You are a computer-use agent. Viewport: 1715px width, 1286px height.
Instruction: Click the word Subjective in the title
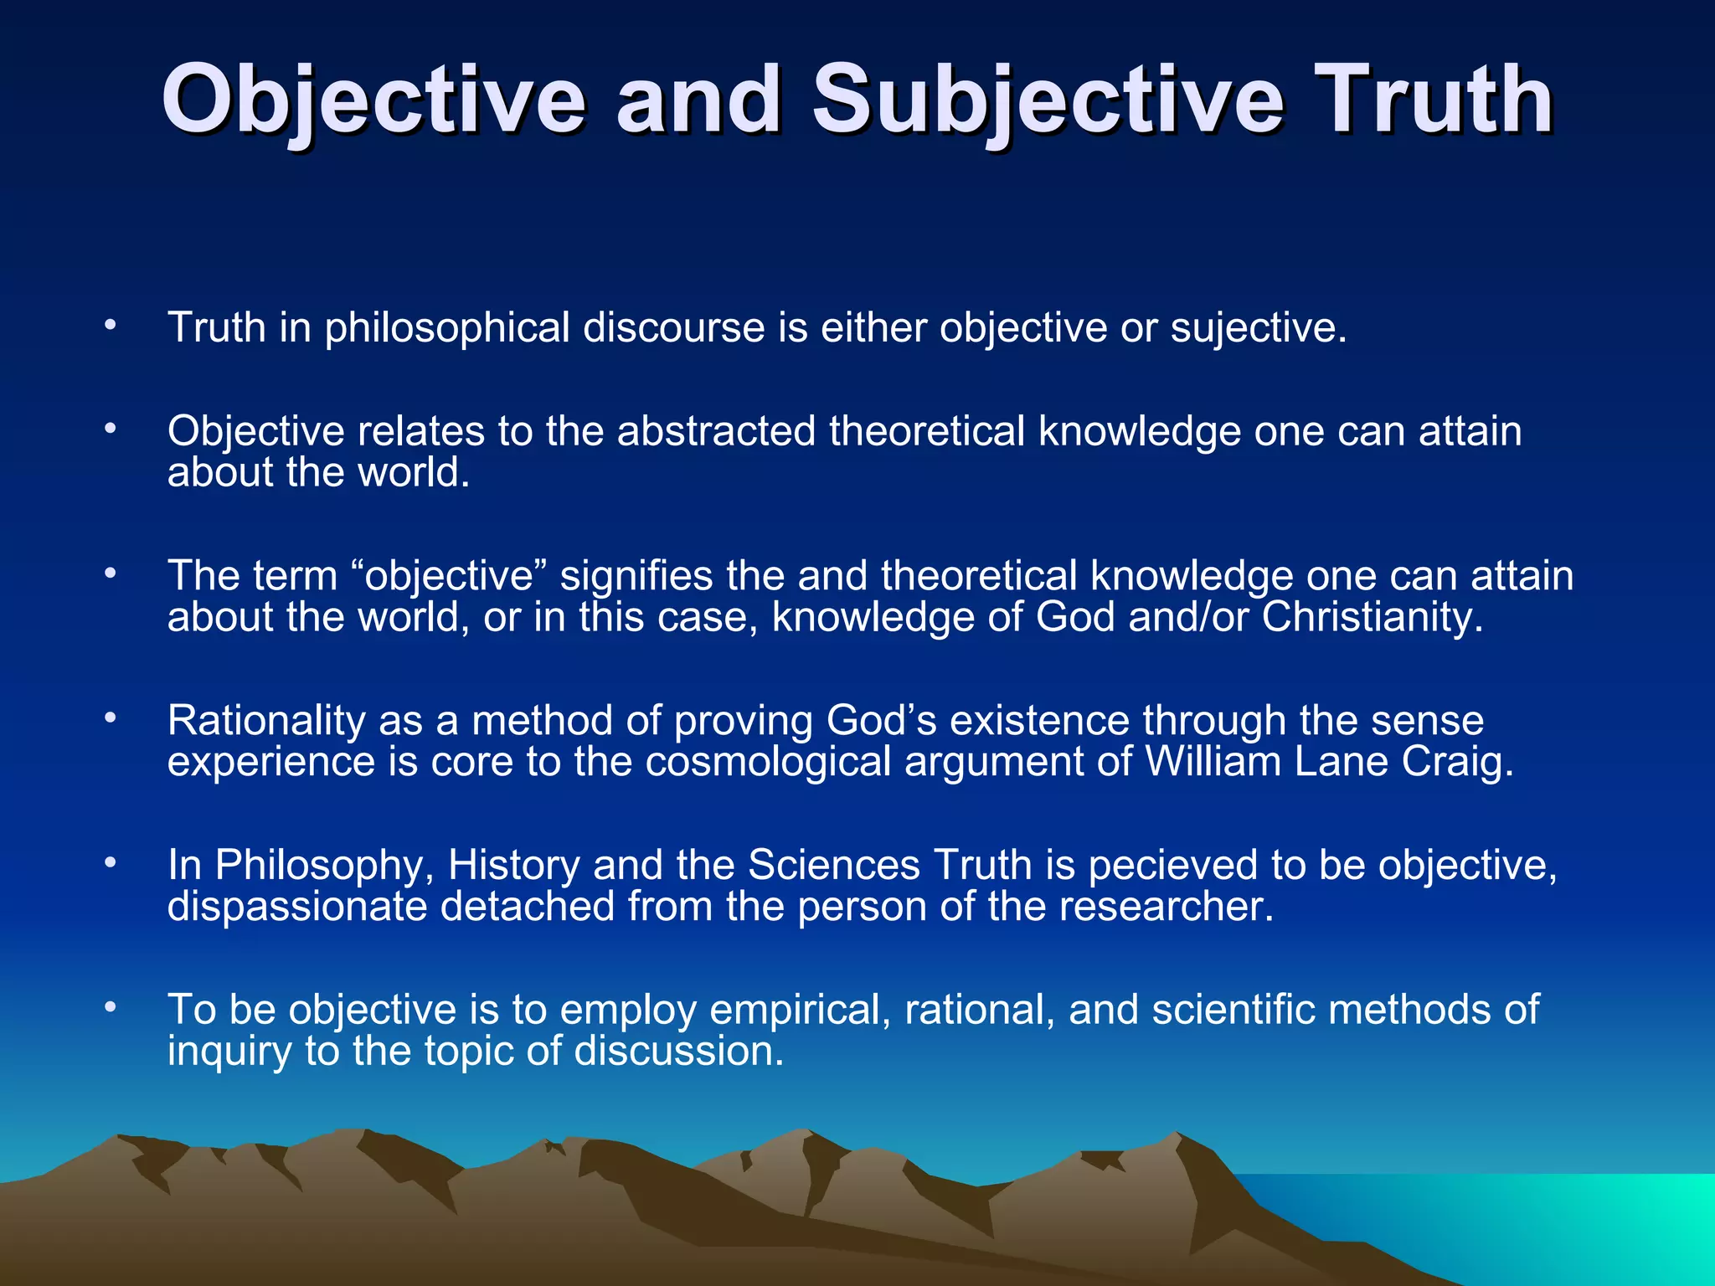coord(1047,100)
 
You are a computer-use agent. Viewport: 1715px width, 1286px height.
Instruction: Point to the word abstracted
coord(716,431)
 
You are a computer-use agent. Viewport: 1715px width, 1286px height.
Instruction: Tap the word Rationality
coord(266,721)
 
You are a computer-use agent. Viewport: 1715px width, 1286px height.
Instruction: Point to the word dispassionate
coord(297,907)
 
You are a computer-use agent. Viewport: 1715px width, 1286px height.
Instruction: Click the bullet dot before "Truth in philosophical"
coord(110,325)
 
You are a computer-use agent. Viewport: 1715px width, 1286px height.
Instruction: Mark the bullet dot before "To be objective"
coord(110,1008)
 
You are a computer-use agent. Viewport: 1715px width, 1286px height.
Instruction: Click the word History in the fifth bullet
coord(513,866)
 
